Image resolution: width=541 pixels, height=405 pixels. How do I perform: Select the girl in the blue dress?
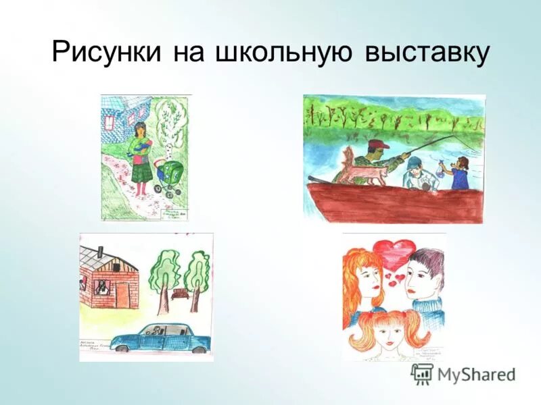(461, 174)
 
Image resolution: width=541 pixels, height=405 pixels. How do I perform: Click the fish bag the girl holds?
(440, 168)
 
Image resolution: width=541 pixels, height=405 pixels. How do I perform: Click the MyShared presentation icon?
(422, 373)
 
